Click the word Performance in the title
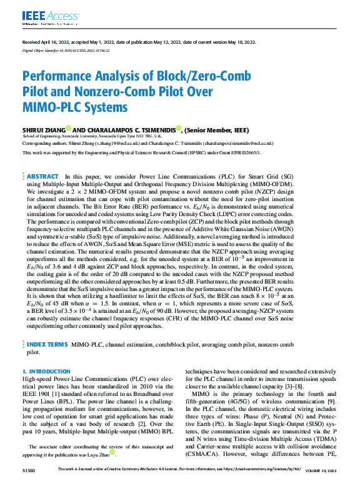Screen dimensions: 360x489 pos(60,77)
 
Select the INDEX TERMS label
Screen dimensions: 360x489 pos(47,344)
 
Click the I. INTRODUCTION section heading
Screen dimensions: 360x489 pos(46,371)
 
